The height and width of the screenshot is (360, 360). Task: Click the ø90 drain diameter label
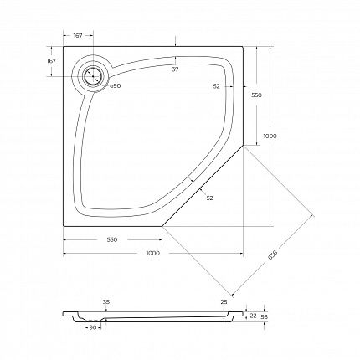115,85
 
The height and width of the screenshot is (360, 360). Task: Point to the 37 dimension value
175,69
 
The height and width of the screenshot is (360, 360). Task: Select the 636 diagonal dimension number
272,255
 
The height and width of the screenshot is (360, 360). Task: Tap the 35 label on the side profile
106,301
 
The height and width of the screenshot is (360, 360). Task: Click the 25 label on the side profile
224,301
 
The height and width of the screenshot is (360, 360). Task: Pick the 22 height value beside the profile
253,316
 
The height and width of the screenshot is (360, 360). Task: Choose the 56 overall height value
264,316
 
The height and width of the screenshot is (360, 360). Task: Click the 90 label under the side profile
93,327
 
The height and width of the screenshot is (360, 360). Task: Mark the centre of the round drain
93,76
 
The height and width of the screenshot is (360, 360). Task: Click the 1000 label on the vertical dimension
270,136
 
